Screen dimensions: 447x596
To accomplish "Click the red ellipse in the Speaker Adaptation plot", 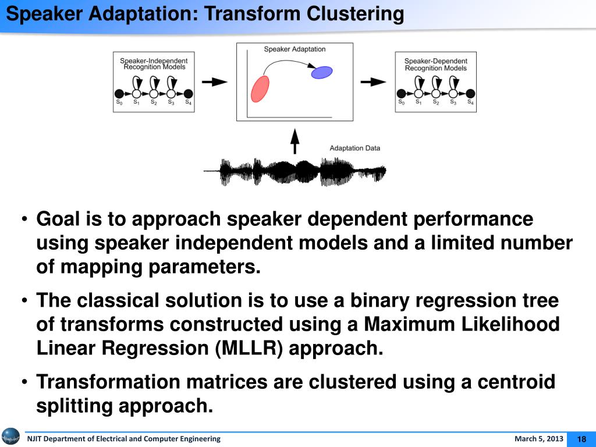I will [260, 88].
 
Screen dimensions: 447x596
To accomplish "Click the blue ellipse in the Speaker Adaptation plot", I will [322, 72].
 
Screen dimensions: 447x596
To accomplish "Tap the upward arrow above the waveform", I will [295, 141].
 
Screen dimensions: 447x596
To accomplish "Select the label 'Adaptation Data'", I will [354, 148].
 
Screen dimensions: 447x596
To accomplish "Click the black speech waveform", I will [295, 171].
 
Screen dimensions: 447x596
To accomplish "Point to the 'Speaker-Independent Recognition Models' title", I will [154, 63].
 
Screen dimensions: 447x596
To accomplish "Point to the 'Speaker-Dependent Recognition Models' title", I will [435, 64].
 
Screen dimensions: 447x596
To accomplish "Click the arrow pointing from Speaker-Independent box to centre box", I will [218, 82].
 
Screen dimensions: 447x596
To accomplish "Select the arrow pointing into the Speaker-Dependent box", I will [373, 82].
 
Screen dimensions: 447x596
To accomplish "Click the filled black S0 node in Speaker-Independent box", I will [119, 93].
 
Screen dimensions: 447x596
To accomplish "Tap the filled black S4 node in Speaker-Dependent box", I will [471, 94].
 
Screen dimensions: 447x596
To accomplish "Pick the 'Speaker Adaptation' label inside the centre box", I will [295, 49].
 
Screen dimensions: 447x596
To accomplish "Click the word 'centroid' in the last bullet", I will [516, 382].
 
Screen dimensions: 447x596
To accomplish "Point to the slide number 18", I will [581, 439].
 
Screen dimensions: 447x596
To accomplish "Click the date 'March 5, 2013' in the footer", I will [538, 439].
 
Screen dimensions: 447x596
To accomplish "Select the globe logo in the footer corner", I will [10, 437].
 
